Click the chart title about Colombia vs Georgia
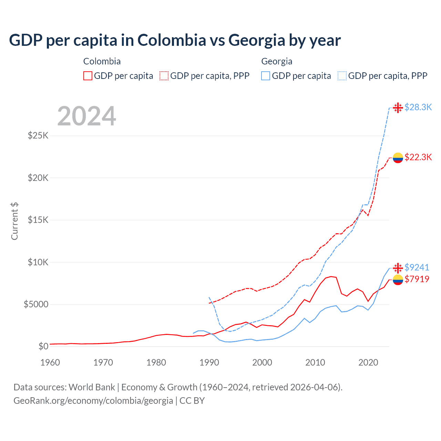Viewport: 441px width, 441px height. click(x=175, y=40)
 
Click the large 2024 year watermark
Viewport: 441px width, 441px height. click(x=86, y=116)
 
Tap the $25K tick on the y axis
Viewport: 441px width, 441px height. click(x=38, y=135)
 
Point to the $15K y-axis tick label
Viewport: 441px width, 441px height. click(x=38, y=220)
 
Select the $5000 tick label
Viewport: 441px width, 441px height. click(x=36, y=304)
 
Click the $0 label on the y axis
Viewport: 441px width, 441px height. click(x=43, y=346)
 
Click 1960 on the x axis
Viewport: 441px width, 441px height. click(x=50, y=362)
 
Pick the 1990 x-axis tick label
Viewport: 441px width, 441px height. click(x=209, y=362)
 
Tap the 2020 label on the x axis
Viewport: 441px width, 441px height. click(x=368, y=362)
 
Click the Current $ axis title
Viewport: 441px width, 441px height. click(x=14, y=221)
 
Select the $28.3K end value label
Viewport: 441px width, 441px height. click(x=418, y=107)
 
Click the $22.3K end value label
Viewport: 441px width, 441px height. click(x=418, y=157)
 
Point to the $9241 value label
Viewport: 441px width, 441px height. click(x=417, y=267)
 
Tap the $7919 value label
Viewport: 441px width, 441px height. click(x=417, y=279)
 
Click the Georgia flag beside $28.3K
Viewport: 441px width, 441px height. click(x=398, y=107)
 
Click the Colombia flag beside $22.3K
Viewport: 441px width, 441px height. click(x=398, y=157)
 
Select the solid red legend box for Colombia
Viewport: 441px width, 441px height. click(x=88, y=76)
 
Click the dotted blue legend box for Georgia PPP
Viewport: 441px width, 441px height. click(x=342, y=76)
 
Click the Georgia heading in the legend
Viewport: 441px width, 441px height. click(x=277, y=61)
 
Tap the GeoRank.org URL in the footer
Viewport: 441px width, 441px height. click(x=93, y=401)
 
